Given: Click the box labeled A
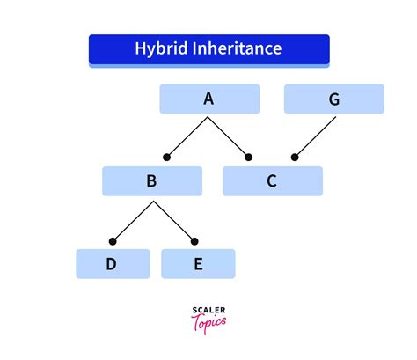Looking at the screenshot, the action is pyautogui.click(x=209, y=99).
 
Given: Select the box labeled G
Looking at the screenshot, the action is pyautogui.click(x=334, y=99).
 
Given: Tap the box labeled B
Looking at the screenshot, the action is pyautogui.click(x=152, y=181).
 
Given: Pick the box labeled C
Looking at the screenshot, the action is pyautogui.click(x=273, y=181).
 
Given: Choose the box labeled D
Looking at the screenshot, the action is pyautogui.click(x=113, y=264).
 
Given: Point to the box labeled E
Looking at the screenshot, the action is pyautogui.click(x=198, y=264).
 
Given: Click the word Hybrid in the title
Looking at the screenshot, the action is pyautogui.click(x=161, y=48).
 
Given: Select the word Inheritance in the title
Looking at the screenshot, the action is pyautogui.click(x=237, y=48).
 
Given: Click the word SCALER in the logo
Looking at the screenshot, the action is pyautogui.click(x=208, y=310).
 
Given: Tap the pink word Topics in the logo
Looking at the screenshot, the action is pyautogui.click(x=208, y=323).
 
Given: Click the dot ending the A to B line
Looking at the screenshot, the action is pyautogui.click(x=166, y=158).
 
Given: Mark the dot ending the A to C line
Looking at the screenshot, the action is pyautogui.click(x=248, y=158).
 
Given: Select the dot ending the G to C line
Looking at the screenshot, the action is pyautogui.click(x=295, y=158).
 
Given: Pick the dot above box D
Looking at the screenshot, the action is pyautogui.click(x=113, y=241).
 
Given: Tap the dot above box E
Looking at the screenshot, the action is pyautogui.click(x=194, y=241).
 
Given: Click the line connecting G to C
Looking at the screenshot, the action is pyautogui.click(x=315, y=137).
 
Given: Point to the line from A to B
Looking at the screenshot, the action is pyautogui.click(x=187, y=137).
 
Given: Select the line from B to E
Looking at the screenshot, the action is pyautogui.click(x=174, y=221).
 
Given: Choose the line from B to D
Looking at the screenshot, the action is pyautogui.click(x=133, y=221).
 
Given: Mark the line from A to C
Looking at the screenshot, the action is pyautogui.click(x=228, y=137).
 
